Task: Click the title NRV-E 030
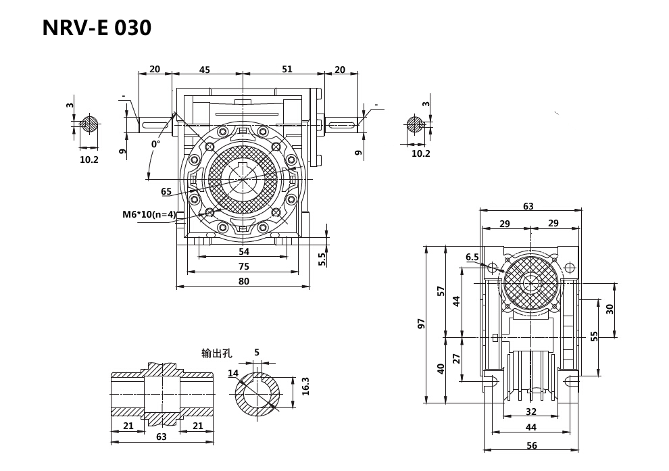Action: tap(97, 28)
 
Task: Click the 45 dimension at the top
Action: tap(205, 70)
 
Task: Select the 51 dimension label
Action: tap(287, 70)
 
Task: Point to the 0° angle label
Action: tap(155, 144)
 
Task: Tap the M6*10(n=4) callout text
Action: tap(149, 215)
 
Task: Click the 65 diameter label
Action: tap(166, 192)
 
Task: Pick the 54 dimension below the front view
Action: tap(244, 251)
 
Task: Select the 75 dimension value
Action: tap(244, 266)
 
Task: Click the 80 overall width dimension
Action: tap(244, 281)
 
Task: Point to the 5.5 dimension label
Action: tap(322, 258)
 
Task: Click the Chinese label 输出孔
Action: tap(216, 353)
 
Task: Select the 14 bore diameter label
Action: tap(233, 373)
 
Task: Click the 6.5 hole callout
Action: tap(472, 257)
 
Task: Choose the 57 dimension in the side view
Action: tap(441, 291)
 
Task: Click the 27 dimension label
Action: tap(457, 358)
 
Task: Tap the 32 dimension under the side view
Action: tap(531, 411)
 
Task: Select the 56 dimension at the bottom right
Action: tap(531, 445)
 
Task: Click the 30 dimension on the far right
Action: tap(610, 308)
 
